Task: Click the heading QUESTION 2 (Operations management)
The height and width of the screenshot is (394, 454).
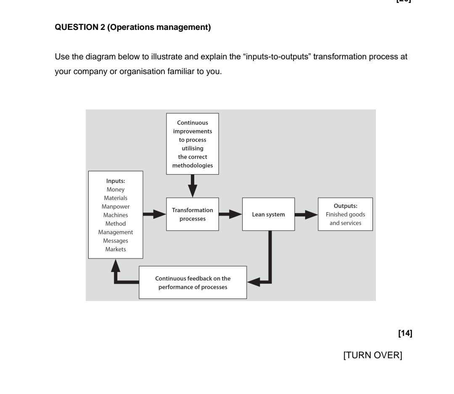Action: point(133,28)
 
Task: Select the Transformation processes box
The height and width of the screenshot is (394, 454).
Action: point(193,214)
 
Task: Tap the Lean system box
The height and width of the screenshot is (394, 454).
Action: point(268,214)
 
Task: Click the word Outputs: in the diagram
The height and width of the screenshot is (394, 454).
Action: point(345,206)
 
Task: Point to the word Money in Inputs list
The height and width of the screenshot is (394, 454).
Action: point(116,189)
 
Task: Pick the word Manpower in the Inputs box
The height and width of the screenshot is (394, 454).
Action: point(116,207)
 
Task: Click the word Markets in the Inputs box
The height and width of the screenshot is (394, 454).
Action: point(116,249)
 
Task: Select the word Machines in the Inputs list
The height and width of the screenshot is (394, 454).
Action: point(116,215)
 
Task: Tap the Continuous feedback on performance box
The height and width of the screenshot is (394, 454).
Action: point(193,282)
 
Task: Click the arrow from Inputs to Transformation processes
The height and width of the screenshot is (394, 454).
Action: point(154,214)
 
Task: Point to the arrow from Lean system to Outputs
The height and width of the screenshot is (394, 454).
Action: point(306,214)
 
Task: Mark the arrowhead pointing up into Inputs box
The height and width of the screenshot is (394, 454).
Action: point(116,264)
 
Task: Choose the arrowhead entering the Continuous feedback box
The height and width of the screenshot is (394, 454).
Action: point(254,282)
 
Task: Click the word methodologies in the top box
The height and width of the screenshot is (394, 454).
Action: point(192,165)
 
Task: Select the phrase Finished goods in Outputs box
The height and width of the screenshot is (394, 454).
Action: point(345,215)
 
